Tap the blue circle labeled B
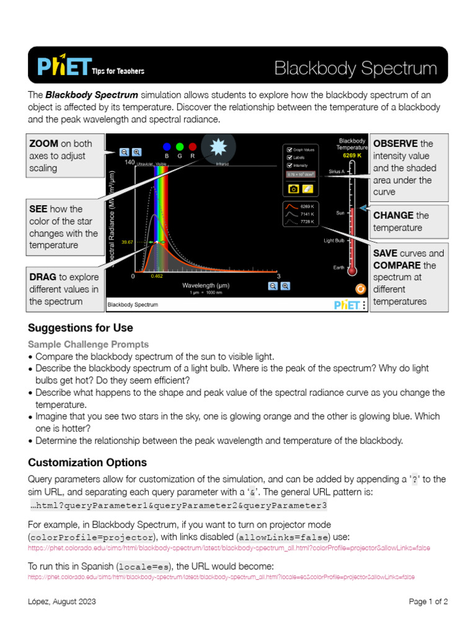click(166, 147)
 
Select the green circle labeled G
click(180, 147)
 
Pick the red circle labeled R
click(193, 147)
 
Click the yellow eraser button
click(308, 188)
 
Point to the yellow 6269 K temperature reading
click(352, 155)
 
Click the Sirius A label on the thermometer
click(337, 171)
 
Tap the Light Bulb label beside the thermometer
click(334, 240)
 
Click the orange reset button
click(359, 288)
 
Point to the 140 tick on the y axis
click(130, 162)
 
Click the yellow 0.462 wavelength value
click(157, 277)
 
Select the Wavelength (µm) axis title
click(206, 285)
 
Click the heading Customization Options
click(87, 463)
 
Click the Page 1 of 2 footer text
click(428, 602)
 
